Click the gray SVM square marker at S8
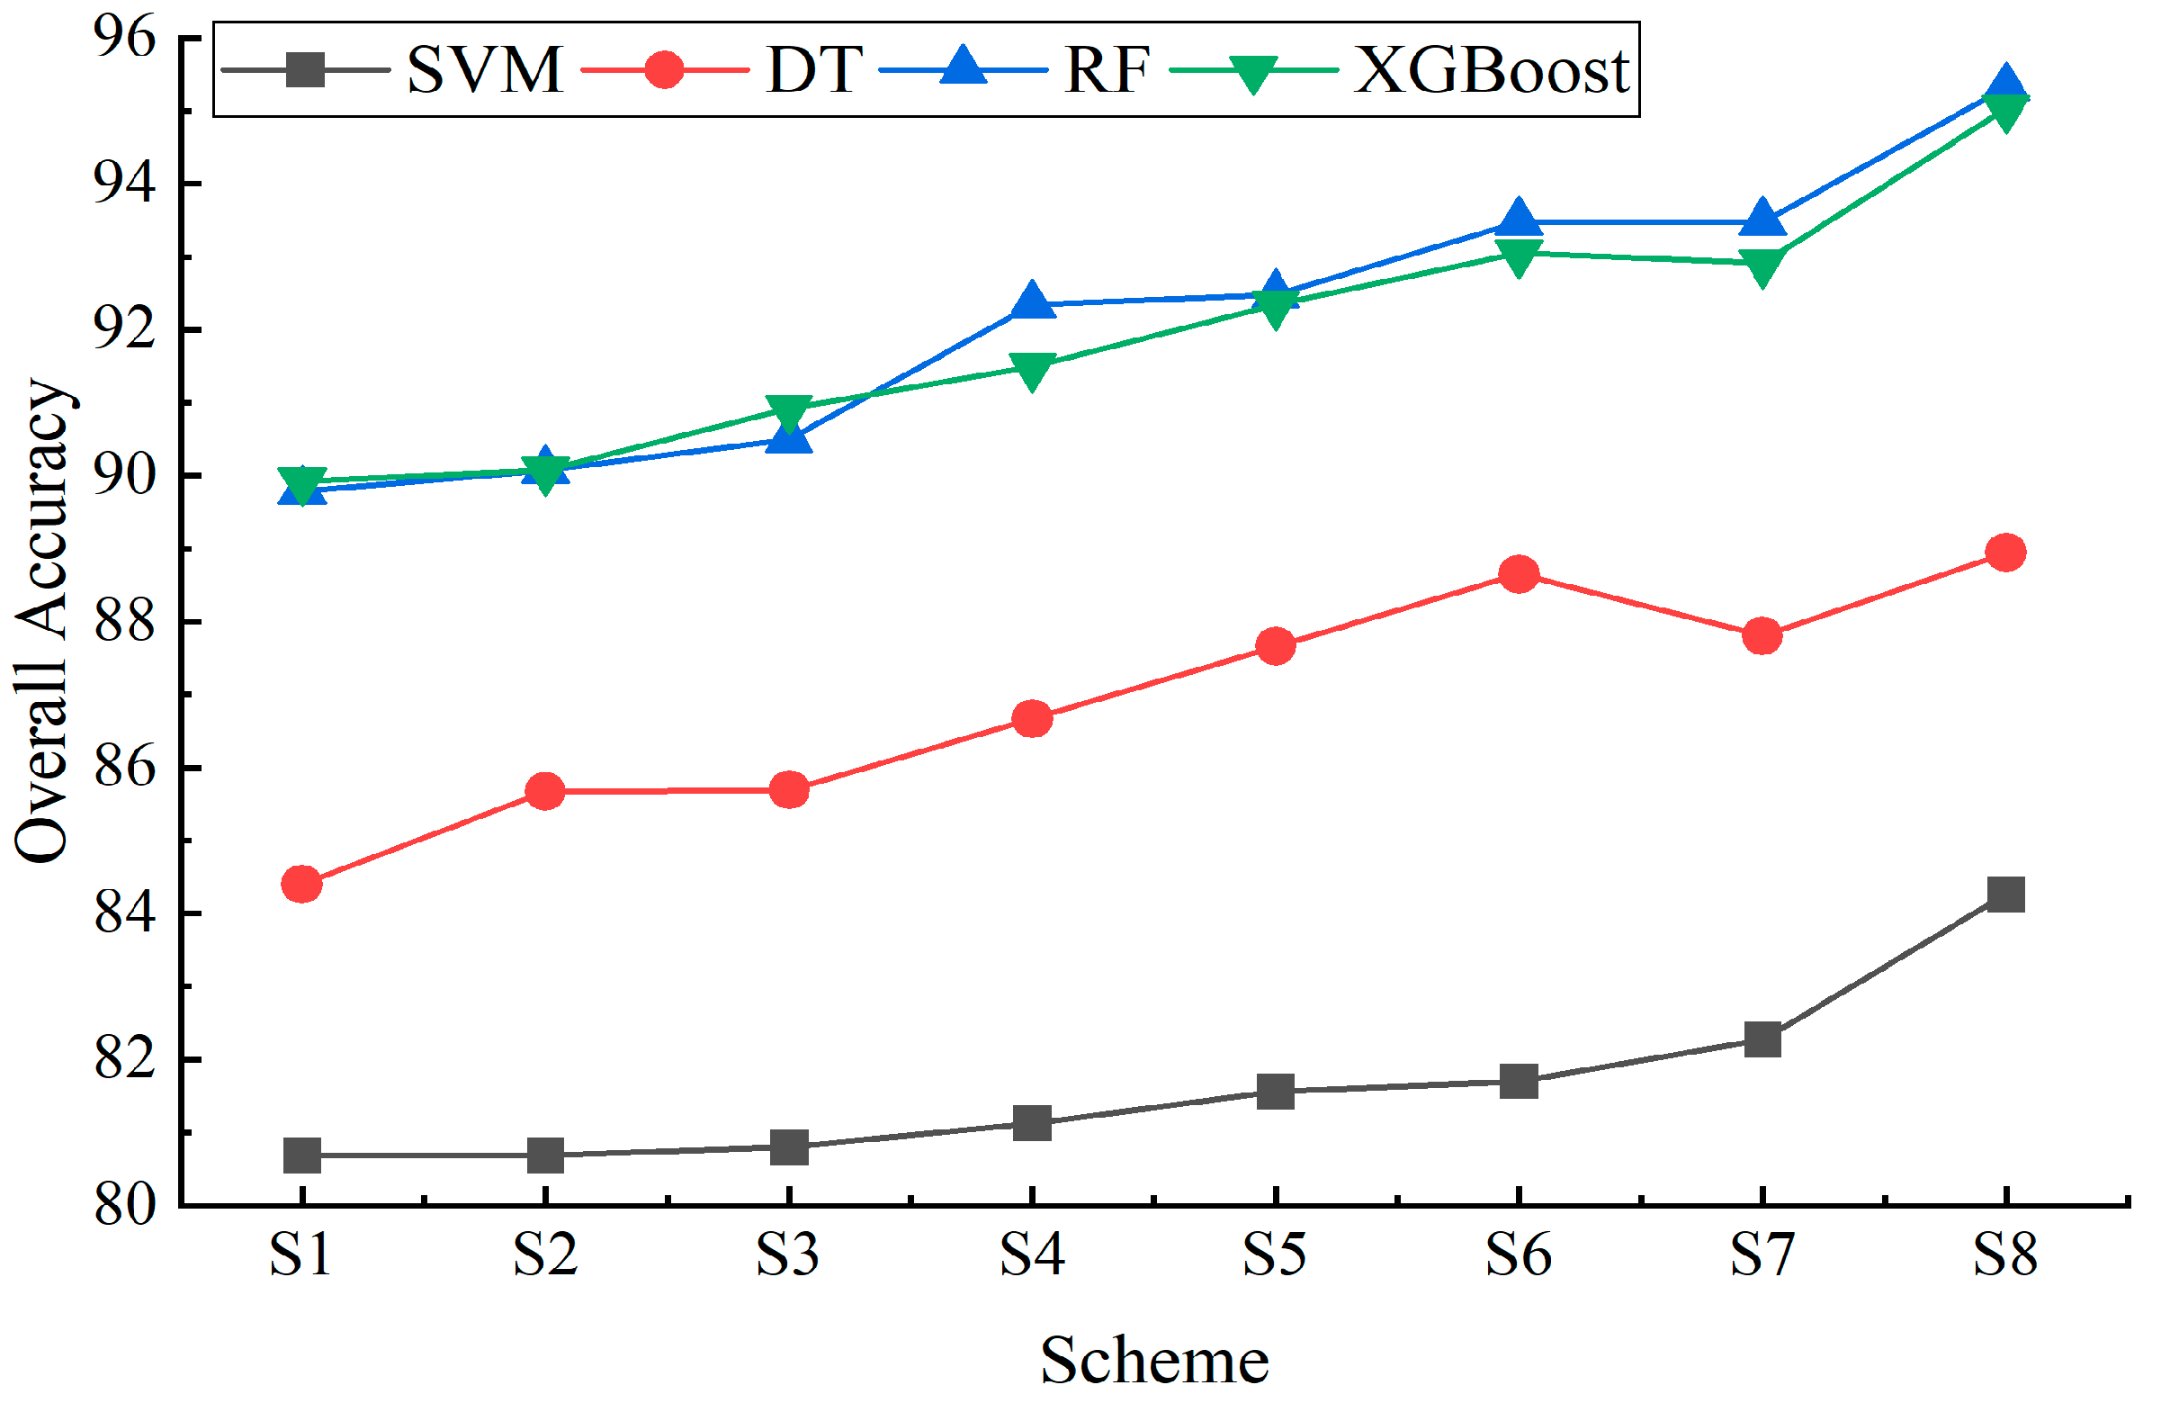pos(2005,894)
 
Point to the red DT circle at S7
pos(1762,635)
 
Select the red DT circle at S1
pos(302,884)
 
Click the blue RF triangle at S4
pos(1033,300)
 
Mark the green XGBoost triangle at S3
pos(788,412)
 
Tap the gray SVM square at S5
pos(1276,1091)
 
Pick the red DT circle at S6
pos(1519,575)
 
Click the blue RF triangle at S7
pos(1762,219)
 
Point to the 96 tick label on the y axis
pos(124,38)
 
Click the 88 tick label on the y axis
pos(124,623)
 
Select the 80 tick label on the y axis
pos(124,1206)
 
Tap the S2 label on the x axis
pos(545,1256)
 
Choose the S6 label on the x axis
pos(1519,1256)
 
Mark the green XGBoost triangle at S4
pos(1033,369)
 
